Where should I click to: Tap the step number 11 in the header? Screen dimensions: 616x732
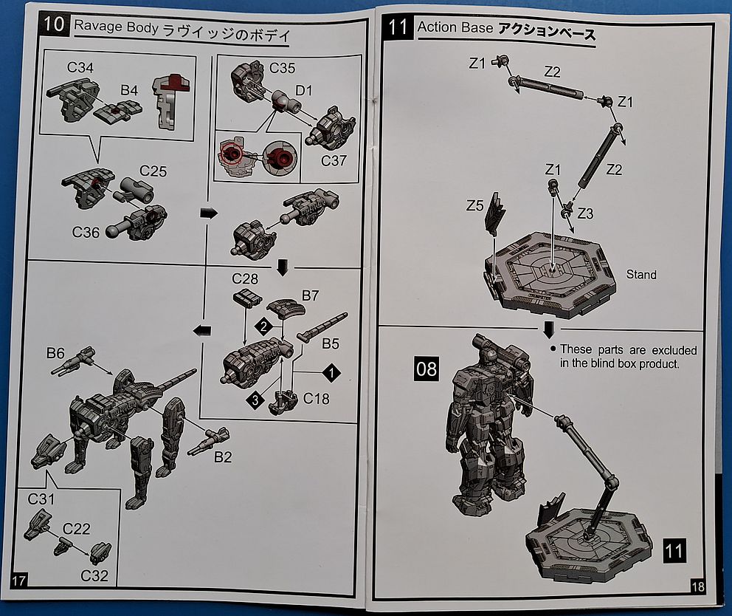click(398, 28)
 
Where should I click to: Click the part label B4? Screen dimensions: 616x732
click(130, 90)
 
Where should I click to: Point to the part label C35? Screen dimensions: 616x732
click(282, 69)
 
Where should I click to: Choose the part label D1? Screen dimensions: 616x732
click(304, 90)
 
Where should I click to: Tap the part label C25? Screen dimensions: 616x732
click(153, 172)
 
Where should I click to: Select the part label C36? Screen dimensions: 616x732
click(86, 232)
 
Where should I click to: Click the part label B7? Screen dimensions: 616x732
click(311, 295)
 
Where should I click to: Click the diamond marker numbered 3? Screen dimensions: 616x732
click(255, 400)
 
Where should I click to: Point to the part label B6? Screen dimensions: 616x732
click(55, 354)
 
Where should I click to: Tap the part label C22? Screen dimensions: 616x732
click(77, 529)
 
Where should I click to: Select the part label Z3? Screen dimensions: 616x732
click(584, 213)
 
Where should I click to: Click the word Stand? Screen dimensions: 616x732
click(640, 275)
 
